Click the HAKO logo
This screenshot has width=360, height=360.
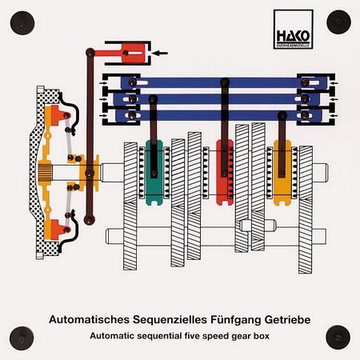tap(294, 30)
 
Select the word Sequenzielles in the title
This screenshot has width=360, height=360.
tap(170, 319)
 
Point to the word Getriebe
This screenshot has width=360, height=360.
tap(287, 319)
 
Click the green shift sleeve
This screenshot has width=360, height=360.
tap(154, 173)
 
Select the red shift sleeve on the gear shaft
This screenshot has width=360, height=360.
tap(225, 173)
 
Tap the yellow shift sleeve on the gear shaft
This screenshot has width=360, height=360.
tap(282, 173)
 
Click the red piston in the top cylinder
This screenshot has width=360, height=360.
tap(134, 54)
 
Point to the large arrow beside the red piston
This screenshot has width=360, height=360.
tap(159, 54)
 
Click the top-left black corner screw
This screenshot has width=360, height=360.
tap(22, 23)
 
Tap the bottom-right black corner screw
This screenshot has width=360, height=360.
tap(338, 338)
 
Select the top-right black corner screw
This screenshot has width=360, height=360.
tap(338, 22)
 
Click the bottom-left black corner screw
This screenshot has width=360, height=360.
tap(22, 338)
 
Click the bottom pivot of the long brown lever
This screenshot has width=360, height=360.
tap(90, 220)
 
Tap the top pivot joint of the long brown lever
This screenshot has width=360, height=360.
tap(90, 52)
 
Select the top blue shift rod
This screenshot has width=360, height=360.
tap(224, 83)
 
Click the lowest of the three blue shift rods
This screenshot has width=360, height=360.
tap(218, 115)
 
